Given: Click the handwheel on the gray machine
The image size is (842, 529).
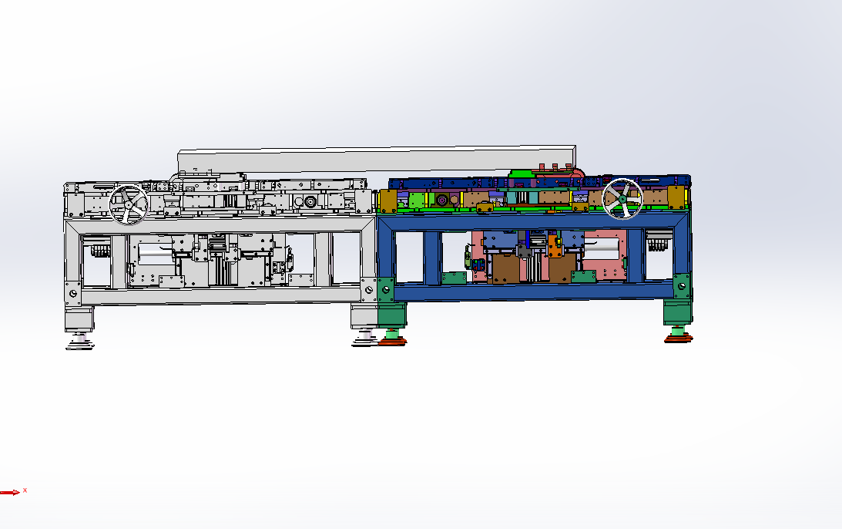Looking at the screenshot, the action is [129, 205].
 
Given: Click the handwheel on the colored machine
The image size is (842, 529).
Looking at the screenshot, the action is [622, 199].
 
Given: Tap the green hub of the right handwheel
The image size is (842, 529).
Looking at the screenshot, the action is [622, 199].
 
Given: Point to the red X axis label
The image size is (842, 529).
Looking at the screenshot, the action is [25, 490].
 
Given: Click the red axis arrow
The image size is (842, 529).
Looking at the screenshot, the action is [10, 492].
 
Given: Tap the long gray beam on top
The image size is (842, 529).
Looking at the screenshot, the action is [377, 160].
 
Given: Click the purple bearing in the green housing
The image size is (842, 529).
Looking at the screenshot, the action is [442, 200].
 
